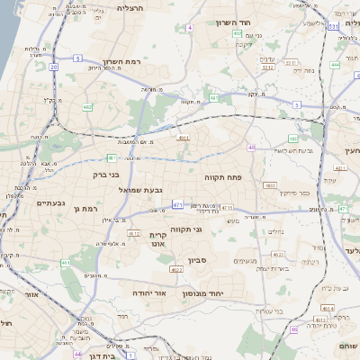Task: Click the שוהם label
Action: pos(348,346)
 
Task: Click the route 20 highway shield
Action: pos(54,67)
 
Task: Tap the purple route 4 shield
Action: pos(189,29)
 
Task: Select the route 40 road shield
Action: pos(251,148)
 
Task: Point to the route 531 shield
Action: pos(334,28)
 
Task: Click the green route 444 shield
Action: pos(335,65)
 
